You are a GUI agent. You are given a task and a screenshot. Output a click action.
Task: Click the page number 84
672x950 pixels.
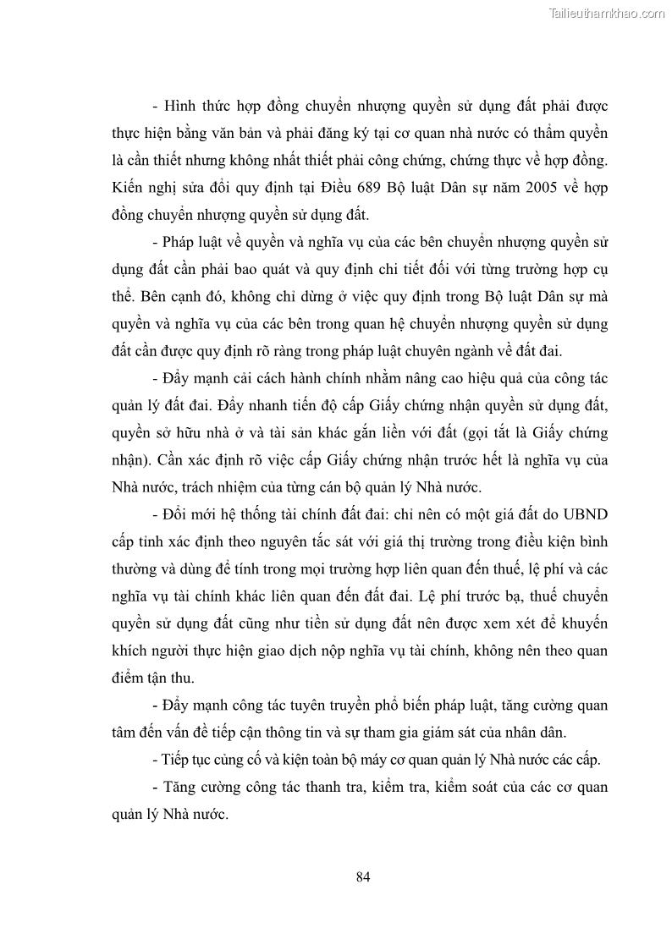363,876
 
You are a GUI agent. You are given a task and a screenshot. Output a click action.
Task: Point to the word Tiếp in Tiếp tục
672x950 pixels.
179,760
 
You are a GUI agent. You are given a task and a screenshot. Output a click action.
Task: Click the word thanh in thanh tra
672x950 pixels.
349,788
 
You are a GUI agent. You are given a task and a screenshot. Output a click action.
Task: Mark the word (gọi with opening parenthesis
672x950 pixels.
461,433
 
